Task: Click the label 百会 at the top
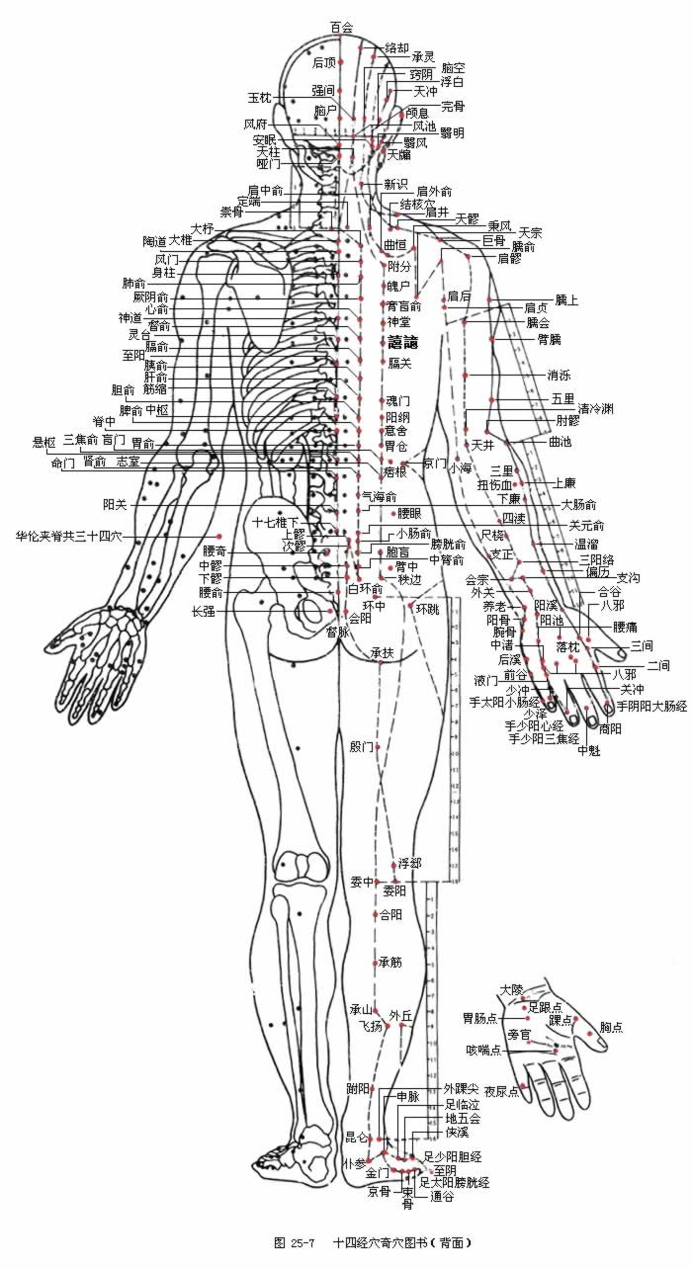tap(341, 28)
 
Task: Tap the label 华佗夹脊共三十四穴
tap(66, 537)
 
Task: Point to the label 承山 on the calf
tap(360, 1009)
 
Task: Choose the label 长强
tap(204, 611)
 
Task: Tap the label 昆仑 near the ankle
tap(356, 1137)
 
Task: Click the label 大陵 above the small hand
tap(511, 989)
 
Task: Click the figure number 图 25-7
tap(294, 1242)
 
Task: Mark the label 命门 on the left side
tap(62, 462)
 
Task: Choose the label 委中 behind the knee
tap(362, 881)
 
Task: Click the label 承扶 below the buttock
tap(383, 652)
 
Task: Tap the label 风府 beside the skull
tap(255, 125)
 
